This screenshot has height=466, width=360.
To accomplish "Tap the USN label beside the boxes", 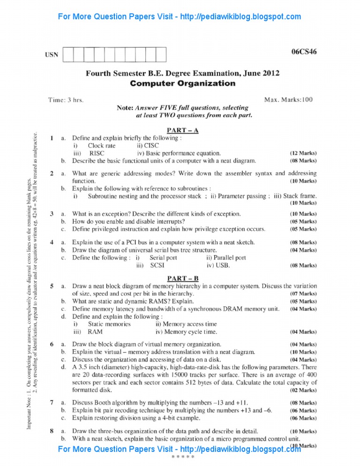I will click(52, 55).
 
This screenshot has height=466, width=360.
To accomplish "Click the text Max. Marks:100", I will click(288, 99).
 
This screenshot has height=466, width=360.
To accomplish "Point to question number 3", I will click(52, 214).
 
